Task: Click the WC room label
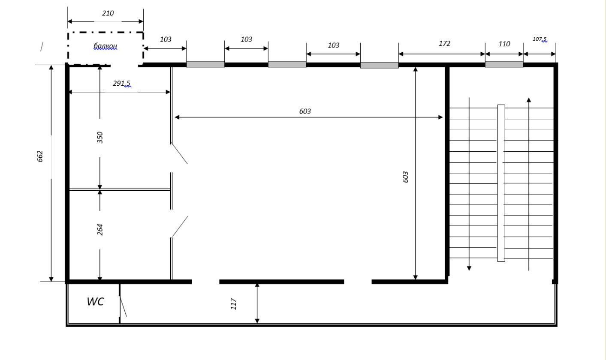coord(95,302)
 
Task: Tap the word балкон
coord(105,46)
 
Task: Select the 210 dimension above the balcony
coord(108,13)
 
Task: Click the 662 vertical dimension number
coord(40,156)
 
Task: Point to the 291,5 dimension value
coord(121,83)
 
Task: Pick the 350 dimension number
coord(100,137)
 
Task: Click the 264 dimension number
coord(100,230)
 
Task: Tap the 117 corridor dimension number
coord(233,304)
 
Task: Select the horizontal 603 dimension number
coord(305,111)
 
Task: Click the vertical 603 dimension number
coord(405,177)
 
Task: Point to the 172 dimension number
coord(444,44)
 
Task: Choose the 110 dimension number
coord(504,44)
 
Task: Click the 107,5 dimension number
coord(540,39)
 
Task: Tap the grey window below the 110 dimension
coord(504,64)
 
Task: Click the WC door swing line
coord(123,306)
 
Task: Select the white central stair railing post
coord(501,183)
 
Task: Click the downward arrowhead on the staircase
coord(469,268)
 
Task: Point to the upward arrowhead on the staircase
coord(529,100)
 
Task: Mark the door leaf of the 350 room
coord(179,153)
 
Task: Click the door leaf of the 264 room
coord(180,226)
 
